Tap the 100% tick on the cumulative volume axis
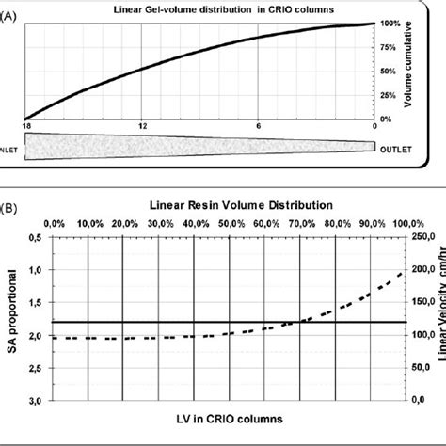click(390, 23)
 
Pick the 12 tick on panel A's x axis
click(141, 126)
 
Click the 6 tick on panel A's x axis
click(259, 126)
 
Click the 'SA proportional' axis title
click(12, 320)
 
